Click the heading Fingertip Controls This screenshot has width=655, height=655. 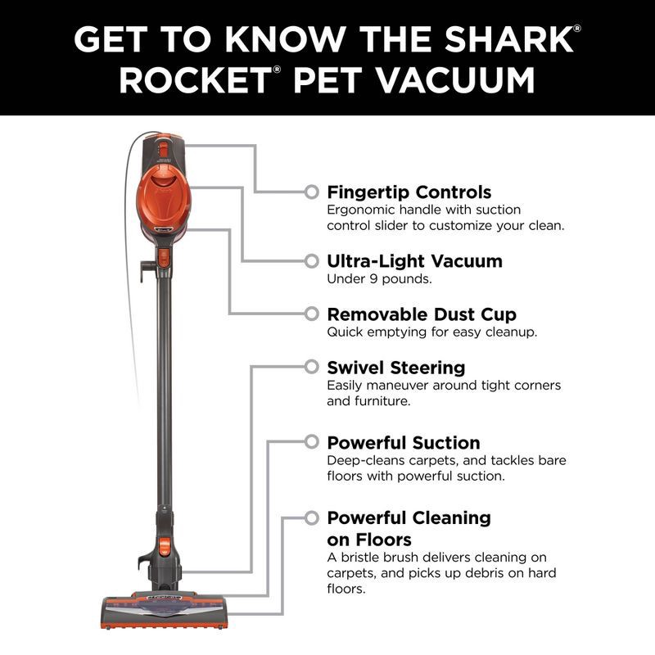[x=409, y=192]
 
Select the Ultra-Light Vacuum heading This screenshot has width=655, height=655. [x=414, y=261]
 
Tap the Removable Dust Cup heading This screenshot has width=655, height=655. [x=422, y=314]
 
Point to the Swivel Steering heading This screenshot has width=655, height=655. [x=395, y=367]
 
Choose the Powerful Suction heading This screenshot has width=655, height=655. [x=404, y=443]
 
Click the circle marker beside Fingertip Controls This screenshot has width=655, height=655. [x=311, y=192]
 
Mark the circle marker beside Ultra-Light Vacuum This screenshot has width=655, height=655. [x=311, y=261]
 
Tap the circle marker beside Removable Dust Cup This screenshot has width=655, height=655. [x=311, y=314]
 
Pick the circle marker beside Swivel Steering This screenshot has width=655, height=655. [x=311, y=367]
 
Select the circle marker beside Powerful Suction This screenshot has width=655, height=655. [x=311, y=442]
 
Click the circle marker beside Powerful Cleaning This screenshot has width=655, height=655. [x=311, y=517]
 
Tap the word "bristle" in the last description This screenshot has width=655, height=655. [x=364, y=558]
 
